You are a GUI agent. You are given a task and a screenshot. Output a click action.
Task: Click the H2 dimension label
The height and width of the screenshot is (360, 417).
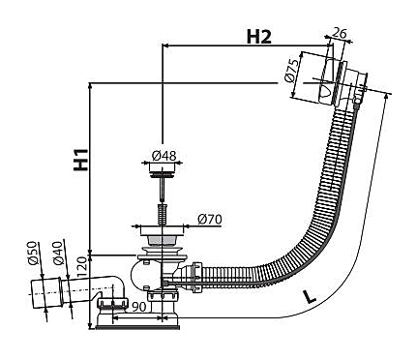(259, 37)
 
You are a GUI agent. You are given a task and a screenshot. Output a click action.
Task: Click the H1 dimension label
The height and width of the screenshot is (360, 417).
(80, 160)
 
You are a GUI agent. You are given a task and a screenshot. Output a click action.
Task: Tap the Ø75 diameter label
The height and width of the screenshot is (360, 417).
(290, 71)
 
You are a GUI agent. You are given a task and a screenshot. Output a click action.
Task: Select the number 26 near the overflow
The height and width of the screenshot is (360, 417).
(339, 33)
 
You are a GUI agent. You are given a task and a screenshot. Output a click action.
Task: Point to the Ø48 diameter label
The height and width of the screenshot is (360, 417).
(164, 156)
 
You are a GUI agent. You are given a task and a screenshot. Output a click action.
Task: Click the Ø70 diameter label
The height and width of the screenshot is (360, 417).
(210, 220)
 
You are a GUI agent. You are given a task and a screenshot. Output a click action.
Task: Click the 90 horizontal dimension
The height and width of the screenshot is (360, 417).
(139, 307)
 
